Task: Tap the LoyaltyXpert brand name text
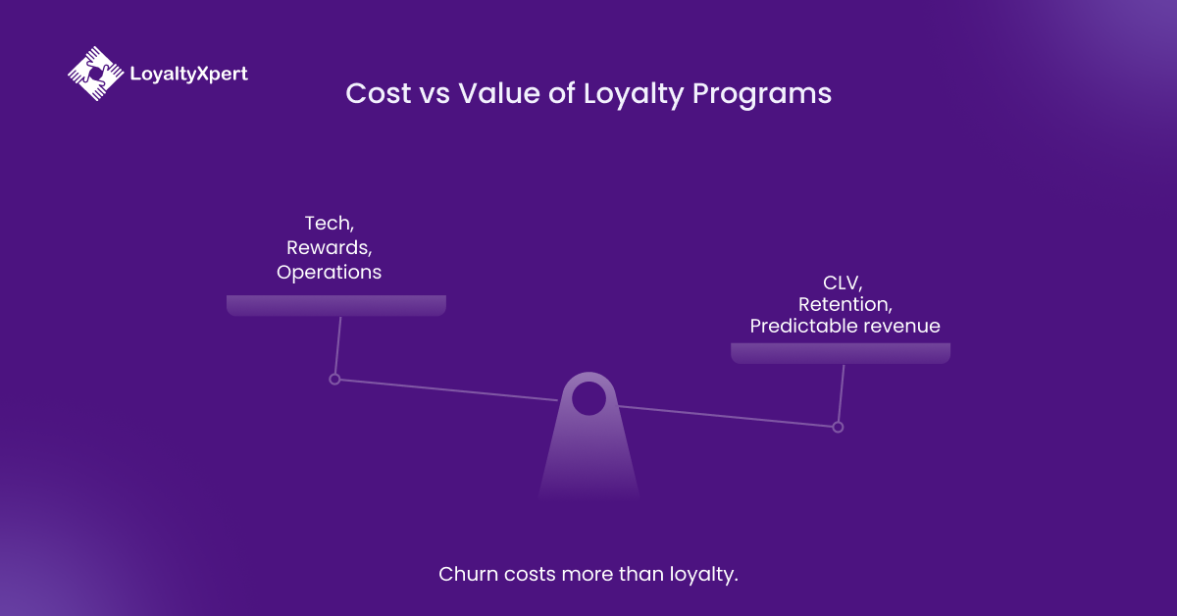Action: (188, 74)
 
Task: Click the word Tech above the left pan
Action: (329, 225)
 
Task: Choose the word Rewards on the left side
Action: (329, 248)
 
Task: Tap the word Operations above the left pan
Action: (329, 272)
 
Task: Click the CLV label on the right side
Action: (842, 283)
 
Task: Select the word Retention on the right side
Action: (845, 304)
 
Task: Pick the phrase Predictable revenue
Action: (844, 326)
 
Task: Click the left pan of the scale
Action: (336, 305)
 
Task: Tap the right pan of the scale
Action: (841, 353)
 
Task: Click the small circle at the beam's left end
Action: (334, 379)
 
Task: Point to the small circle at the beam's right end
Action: (838, 427)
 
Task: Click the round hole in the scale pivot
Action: (588, 398)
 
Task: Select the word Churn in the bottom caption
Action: (468, 574)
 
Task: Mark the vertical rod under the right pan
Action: (841, 392)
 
